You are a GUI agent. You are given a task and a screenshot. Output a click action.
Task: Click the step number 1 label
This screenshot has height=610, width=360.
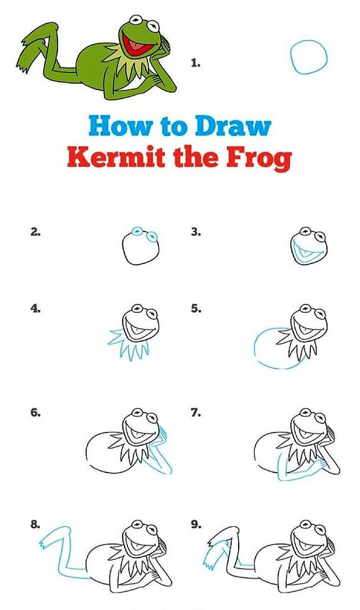coord(195,63)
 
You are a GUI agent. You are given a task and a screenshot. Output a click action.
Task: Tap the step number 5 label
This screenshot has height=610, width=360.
coord(195,309)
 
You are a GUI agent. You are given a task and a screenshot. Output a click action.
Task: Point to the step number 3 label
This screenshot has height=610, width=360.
coord(195,233)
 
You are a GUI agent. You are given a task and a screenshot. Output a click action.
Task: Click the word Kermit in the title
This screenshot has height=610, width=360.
coord(106,158)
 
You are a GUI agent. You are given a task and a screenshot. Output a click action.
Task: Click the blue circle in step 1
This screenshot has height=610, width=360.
coord(308,57)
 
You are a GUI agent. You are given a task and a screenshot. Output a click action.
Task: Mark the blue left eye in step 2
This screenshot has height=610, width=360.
coord(137,231)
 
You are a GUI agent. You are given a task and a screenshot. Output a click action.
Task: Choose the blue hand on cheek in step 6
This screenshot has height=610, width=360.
coord(163,435)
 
